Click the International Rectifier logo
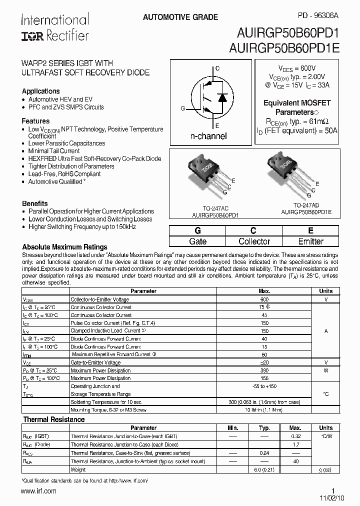point(54,28)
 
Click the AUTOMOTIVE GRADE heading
point(180,17)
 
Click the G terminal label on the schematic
point(182,108)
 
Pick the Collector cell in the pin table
point(254,241)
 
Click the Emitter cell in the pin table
point(310,241)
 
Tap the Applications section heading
point(40,91)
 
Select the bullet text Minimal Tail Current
point(54,151)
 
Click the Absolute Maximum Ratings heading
point(64,247)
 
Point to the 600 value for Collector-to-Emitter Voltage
point(264,299)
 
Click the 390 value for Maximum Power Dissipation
point(264,370)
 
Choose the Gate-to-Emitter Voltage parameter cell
point(95,362)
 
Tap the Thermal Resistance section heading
point(54,419)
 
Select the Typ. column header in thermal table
point(264,428)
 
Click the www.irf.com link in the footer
point(39,491)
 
